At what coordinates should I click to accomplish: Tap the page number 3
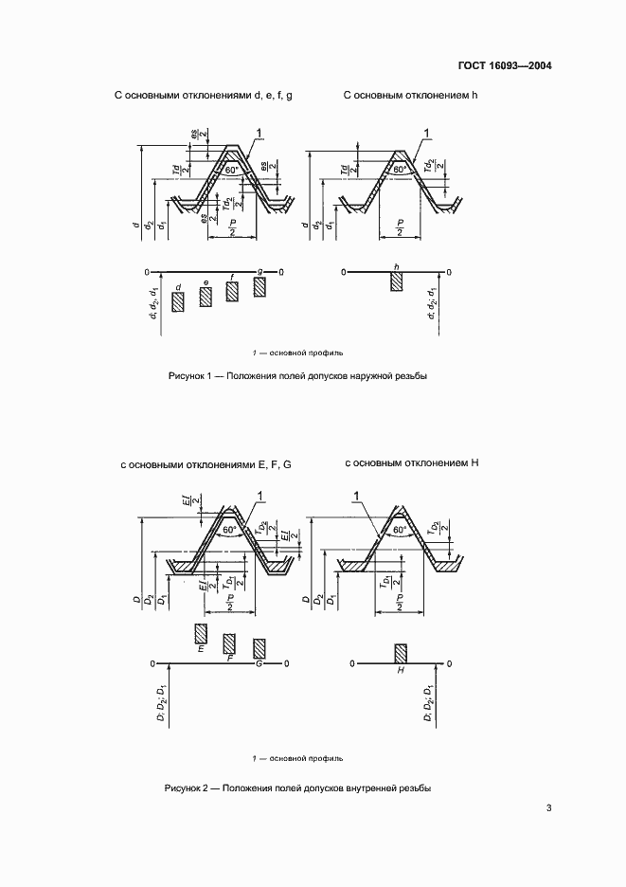point(548,808)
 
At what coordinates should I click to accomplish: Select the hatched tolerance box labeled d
point(177,302)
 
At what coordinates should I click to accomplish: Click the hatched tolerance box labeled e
point(206,297)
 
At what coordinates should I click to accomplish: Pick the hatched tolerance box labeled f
point(232,292)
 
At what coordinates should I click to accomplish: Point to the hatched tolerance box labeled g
point(260,286)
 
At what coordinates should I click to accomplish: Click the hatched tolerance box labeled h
point(397,281)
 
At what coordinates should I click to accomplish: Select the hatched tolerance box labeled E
point(201,634)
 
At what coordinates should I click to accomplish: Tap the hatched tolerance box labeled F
point(229,643)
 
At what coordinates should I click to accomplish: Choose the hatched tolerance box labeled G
point(259,649)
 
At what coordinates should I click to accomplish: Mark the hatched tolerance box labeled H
point(401,654)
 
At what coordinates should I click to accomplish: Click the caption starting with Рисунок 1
point(298,376)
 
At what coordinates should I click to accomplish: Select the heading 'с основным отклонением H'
point(412,463)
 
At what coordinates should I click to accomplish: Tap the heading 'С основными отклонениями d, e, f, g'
point(203,96)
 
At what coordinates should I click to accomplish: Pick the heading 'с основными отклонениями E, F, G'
point(206,465)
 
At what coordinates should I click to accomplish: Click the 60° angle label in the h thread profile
point(401,171)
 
